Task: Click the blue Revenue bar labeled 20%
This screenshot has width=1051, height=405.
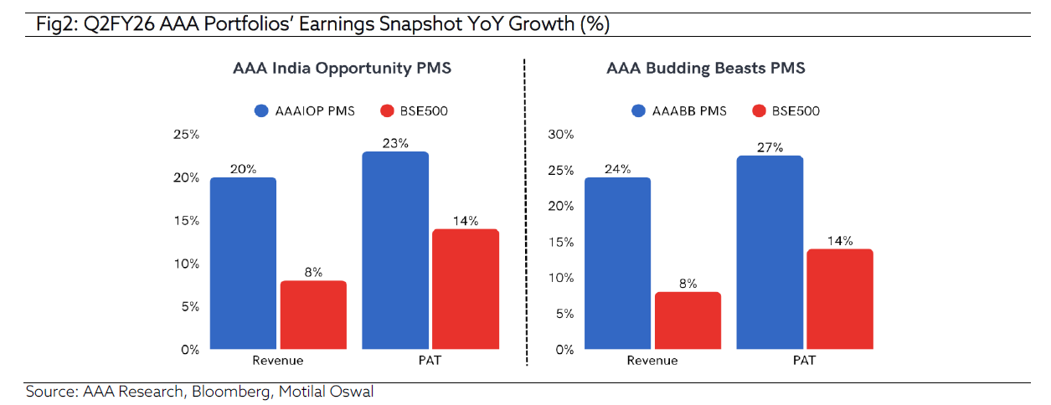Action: click(x=243, y=264)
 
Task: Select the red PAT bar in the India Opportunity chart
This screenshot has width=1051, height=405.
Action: click(x=465, y=289)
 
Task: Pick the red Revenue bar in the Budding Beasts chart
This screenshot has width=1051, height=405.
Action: click(x=687, y=320)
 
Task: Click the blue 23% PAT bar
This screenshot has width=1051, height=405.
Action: click(x=395, y=250)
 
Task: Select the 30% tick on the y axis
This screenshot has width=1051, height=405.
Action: click(x=559, y=135)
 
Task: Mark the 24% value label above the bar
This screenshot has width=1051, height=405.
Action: click(x=617, y=169)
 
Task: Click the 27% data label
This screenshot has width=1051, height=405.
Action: click(x=770, y=147)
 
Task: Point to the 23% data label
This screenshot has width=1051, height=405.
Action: click(x=395, y=143)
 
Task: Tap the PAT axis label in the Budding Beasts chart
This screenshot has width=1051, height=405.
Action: click(x=804, y=361)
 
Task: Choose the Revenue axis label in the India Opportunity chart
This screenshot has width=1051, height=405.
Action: click(x=277, y=361)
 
